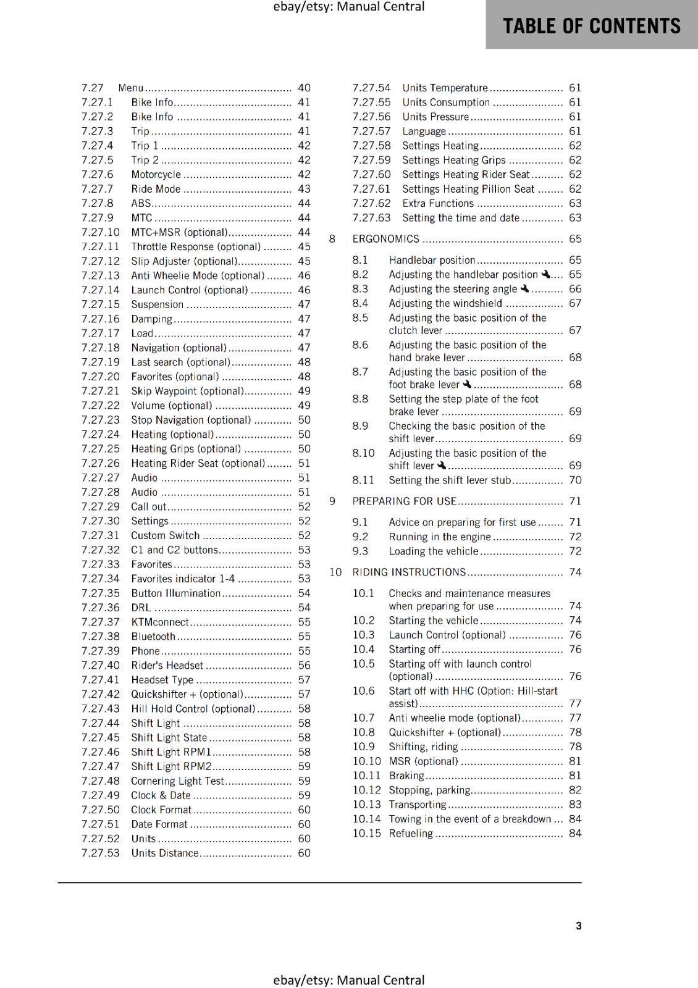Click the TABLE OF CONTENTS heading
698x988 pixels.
click(591, 26)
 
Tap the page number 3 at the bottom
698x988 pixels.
click(578, 926)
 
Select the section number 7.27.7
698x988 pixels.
click(97, 189)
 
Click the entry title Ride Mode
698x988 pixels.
click(156, 189)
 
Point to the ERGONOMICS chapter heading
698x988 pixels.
click(385, 239)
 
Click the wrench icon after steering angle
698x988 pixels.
click(524, 288)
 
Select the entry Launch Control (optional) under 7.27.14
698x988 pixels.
click(189, 290)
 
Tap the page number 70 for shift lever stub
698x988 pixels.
click(575, 480)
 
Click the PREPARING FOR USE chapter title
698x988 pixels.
click(404, 501)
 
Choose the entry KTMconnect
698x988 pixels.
click(160, 622)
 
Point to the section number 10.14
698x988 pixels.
click(366, 819)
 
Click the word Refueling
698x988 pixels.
click(411, 834)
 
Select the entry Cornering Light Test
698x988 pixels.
click(177, 781)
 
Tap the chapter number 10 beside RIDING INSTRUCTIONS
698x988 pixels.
click(335, 572)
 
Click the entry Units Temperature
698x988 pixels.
click(445, 88)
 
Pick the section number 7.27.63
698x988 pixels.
click(371, 218)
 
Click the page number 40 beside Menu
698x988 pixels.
click(304, 88)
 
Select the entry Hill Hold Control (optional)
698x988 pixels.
click(193, 709)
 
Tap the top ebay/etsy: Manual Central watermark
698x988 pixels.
click(348, 7)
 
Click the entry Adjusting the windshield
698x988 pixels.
click(445, 303)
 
